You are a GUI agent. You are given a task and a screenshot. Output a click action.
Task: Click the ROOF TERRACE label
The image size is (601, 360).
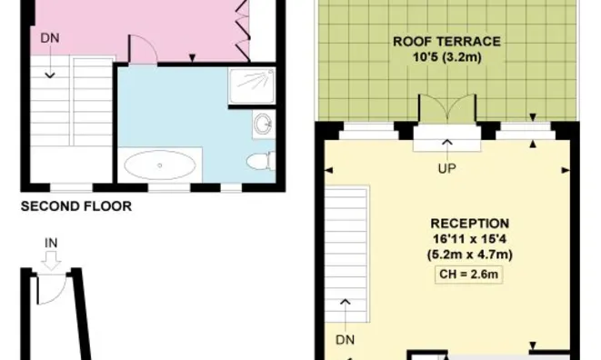(x=446, y=42)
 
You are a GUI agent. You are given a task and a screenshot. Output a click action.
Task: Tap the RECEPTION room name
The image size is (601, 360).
(x=469, y=224)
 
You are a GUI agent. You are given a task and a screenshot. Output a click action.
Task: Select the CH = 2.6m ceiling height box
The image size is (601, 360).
(x=468, y=275)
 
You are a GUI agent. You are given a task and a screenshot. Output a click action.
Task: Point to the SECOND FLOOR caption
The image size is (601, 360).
(x=75, y=206)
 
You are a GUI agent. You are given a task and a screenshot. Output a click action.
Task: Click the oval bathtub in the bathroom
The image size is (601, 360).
(x=160, y=165)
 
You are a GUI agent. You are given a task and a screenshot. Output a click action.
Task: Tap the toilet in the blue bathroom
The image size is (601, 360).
(x=261, y=161)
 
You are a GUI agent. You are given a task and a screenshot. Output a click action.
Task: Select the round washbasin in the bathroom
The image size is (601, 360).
(x=264, y=124)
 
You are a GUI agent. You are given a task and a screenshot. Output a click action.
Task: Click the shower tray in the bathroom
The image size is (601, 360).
(x=252, y=86)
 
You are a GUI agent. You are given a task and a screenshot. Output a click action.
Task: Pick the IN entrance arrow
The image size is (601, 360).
(x=51, y=261)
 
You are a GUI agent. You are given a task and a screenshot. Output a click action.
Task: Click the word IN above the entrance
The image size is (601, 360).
(x=51, y=243)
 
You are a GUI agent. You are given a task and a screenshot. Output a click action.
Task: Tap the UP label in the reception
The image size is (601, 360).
(x=447, y=168)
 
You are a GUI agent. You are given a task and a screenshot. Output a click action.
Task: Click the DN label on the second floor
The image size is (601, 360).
(x=50, y=38)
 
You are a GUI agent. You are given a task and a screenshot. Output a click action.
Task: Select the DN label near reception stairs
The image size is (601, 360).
(x=345, y=340)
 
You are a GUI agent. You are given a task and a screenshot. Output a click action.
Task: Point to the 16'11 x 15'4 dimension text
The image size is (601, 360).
(x=469, y=239)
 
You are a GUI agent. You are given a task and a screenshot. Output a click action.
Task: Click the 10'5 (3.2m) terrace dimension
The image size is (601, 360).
(x=447, y=57)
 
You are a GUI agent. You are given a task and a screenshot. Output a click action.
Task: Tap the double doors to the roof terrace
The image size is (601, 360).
(x=447, y=108)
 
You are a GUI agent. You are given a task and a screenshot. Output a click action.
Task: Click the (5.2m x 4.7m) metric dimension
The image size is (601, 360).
(x=469, y=255)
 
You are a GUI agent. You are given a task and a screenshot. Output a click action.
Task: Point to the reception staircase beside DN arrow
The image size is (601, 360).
(x=347, y=254)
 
